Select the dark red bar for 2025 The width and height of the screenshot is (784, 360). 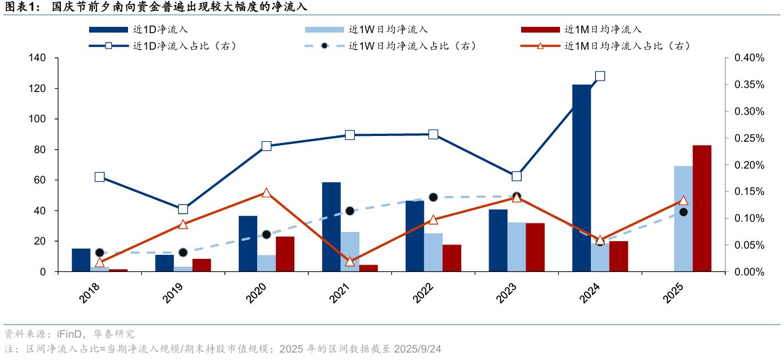702,209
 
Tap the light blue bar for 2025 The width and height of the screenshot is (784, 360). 683,219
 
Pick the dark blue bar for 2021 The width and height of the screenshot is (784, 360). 331,227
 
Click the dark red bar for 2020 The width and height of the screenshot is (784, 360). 285,254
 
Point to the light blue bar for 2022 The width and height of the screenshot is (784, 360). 433,252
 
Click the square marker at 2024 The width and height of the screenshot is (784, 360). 600,76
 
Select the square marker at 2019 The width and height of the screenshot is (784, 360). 183,209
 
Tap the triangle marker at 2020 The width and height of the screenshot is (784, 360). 266,193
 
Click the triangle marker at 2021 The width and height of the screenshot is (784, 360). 350,262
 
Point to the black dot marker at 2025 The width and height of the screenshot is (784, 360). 683,212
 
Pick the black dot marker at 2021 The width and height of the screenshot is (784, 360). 350,211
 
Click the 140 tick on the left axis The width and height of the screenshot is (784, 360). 38,58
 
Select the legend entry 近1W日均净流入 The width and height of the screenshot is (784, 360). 388,29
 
